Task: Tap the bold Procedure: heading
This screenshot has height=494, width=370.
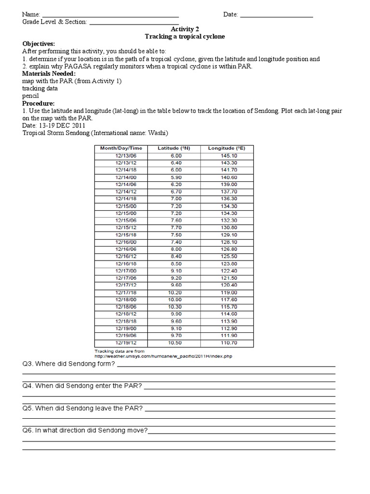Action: coord(39,103)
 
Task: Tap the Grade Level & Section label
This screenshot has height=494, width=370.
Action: coord(54,22)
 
